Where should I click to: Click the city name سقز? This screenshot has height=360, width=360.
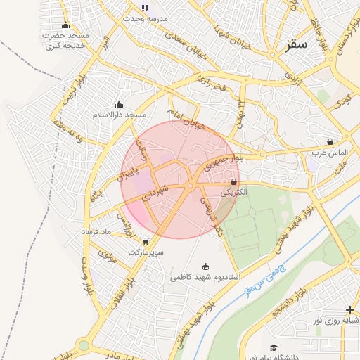pos(297,44)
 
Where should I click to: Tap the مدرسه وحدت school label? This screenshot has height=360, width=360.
pos(145,18)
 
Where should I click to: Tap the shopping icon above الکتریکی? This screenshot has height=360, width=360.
pos(233,182)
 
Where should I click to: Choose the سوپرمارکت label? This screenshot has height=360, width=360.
pos(146,251)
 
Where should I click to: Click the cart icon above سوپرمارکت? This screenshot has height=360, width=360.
pos(146,241)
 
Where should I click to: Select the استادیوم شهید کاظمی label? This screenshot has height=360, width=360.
pos(205,278)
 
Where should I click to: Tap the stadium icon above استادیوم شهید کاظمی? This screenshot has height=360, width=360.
pos(205,266)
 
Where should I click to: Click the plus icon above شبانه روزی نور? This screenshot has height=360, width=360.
pos(350,309)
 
